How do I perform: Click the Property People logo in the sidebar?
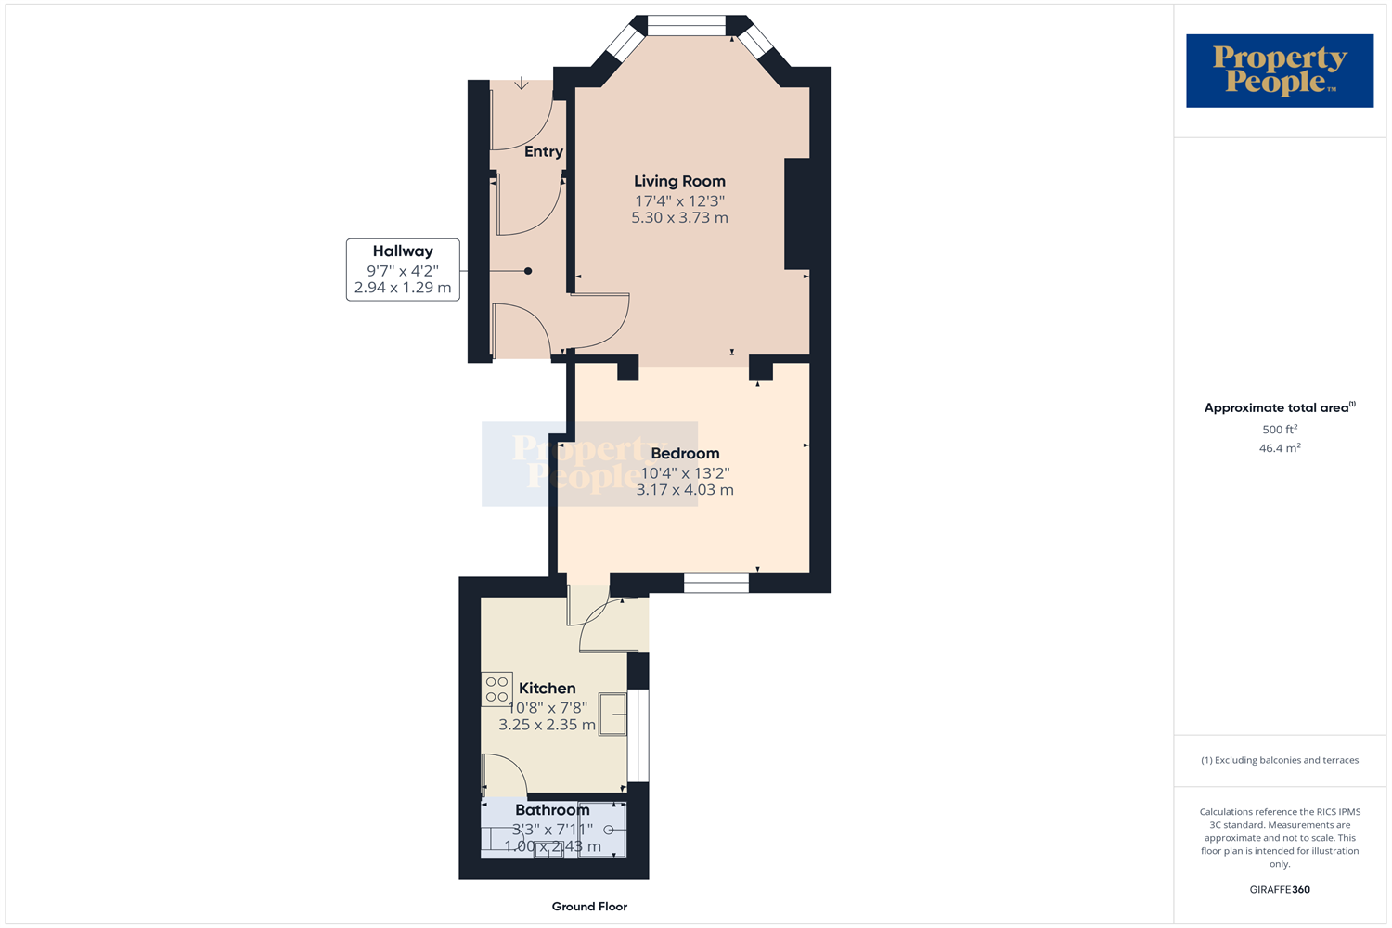1279,71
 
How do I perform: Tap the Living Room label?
679,181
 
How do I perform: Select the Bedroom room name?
685,453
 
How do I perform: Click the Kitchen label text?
547,688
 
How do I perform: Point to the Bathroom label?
552,809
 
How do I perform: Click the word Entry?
543,151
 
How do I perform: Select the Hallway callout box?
403,269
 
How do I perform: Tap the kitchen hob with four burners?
496,689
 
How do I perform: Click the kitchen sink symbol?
612,714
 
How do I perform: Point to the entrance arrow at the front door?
522,84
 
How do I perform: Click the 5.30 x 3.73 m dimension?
679,218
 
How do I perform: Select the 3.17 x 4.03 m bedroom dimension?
685,490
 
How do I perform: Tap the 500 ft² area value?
1279,430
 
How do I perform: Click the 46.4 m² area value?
1279,448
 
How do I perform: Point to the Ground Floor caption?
589,907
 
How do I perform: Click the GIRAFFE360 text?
1279,889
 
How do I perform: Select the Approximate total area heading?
1279,407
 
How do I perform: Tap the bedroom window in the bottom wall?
715,583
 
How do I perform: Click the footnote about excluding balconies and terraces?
1279,760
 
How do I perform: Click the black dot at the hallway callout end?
528,271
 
